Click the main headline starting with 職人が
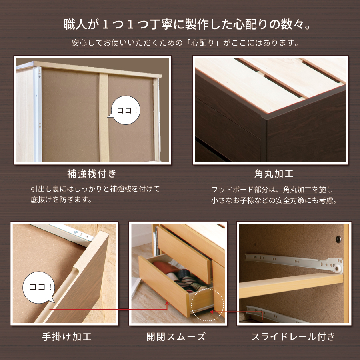pos(187,24)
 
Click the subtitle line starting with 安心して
pos(186,43)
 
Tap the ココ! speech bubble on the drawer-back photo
pos(125,110)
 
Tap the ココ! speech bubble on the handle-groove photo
pos(39,288)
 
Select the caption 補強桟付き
pos(92,174)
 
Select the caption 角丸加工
pos(274,174)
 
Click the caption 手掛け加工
pos(67,337)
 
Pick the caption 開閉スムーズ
pos(176,337)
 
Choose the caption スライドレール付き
pos(293,337)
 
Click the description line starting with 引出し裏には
pos(95,189)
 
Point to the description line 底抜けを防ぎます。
pos(61,200)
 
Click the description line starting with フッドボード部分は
pos(272,190)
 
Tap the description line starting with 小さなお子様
pos(274,200)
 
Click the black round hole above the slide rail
pos(338,239)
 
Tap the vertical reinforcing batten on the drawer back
pos(104,118)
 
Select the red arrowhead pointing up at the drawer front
pos(167,303)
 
